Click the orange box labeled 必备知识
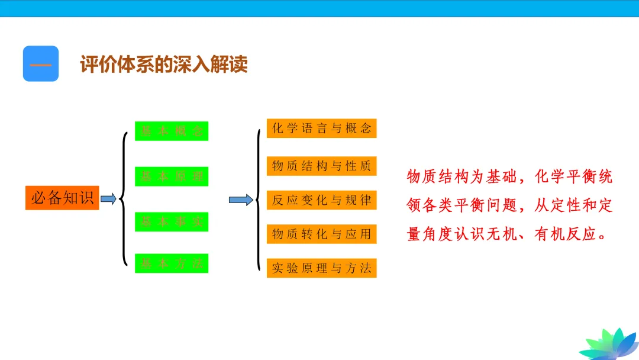[62, 198]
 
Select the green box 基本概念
[172, 131]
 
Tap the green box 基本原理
[172, 176]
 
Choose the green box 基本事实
[172, 221]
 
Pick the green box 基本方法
[172, 263]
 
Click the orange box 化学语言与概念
[321, 128]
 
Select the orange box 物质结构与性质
[321, 166]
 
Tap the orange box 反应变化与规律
[321, 200]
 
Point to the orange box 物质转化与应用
[321, 234]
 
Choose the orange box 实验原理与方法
[321, 268]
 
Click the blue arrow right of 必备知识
[108, 199]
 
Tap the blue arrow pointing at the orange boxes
[241, 200]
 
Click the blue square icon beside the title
[41, 63]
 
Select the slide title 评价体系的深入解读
[164, 65]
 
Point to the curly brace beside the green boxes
[124, 198]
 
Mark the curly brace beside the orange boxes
[259, 200]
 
